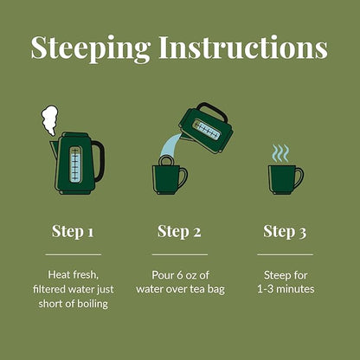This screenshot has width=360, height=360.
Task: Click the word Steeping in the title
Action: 91,48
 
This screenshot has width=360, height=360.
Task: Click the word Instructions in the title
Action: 243,47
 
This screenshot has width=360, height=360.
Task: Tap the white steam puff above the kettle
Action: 49,120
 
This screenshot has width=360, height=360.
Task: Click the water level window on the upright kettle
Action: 75,164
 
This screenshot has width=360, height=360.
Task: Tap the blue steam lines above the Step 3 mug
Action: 280,153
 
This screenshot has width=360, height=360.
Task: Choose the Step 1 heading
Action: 73,232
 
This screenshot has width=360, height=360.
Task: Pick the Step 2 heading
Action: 179,232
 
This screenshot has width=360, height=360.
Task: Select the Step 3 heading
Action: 285,232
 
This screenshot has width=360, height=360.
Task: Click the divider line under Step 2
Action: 180,254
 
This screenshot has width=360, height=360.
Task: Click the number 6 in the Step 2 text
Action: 180,275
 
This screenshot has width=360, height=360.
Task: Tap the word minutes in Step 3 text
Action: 295,289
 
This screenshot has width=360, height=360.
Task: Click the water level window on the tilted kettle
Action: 208,130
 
